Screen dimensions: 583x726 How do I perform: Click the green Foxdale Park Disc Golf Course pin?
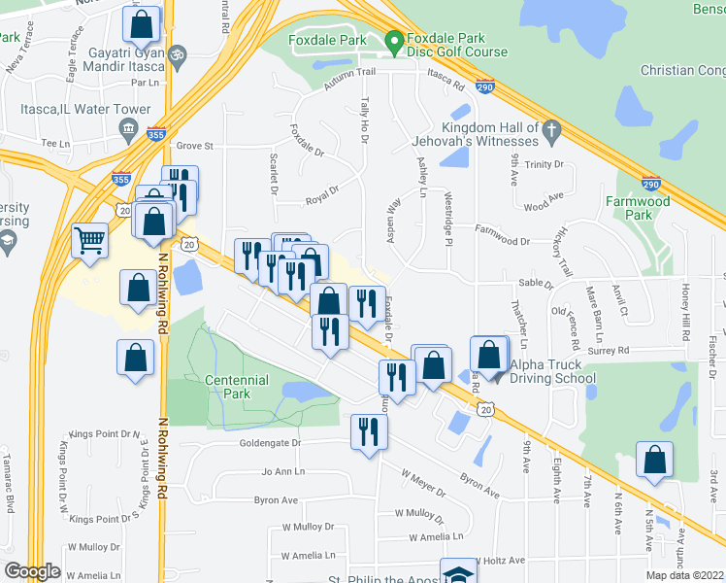coord(394,42)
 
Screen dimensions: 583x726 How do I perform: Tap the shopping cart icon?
coord(89,240)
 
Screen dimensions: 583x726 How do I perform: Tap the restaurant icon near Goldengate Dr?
coord(367,432)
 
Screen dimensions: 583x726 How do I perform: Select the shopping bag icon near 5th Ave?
coord(655,460)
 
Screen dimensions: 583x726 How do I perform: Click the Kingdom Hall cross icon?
coord(550,128)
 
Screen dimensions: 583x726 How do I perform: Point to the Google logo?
coord(32,570)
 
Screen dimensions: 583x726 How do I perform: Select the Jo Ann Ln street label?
coord(282,471)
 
